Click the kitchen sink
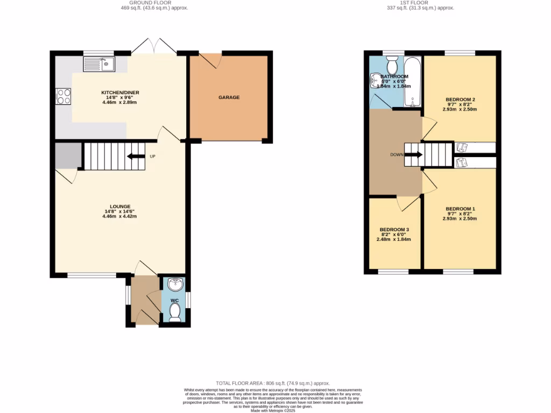coord(99,65)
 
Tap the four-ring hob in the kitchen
coord(63,96)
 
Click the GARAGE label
coord(229,97)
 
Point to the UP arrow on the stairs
coord(134,156)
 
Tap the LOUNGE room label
coord(120,206)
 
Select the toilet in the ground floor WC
coord(175,311)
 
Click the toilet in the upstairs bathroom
coord(393,66)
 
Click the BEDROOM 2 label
coord(460,99)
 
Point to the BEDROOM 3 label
coord(394,230)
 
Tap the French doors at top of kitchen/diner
coord(154,48)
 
